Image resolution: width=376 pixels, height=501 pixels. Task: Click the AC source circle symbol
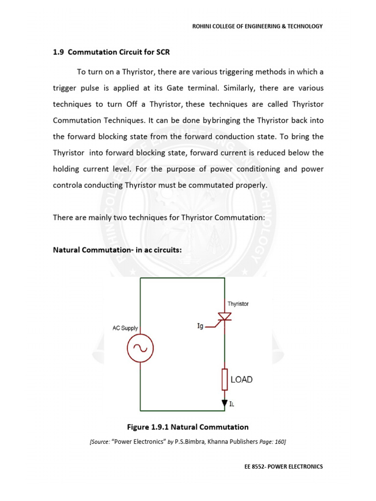pyautogui.click(x=141, y=348)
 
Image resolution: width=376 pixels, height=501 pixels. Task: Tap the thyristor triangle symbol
pyautogui.click(x=225, y=317)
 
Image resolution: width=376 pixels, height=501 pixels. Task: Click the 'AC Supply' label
pyautogui.click(x=125, y=328)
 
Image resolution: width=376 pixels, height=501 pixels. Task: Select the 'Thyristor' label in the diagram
pyautogui.click(x=238, y=304)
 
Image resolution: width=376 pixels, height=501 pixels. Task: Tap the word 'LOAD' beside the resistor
pyautogui.click(x=241, y=380)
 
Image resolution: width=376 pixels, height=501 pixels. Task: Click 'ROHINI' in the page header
pyautogui.click(x=202, y=26)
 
